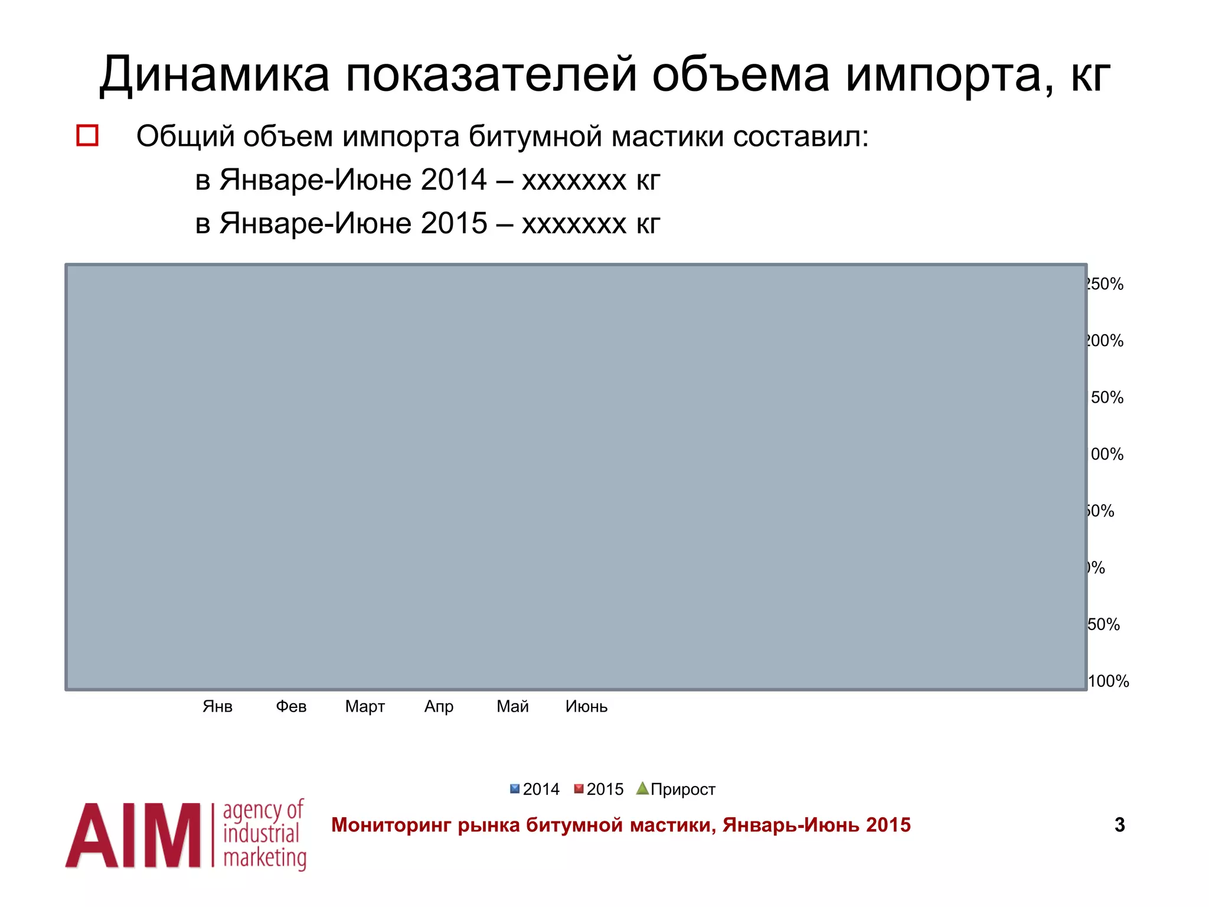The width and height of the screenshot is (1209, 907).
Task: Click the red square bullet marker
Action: click(87, 135)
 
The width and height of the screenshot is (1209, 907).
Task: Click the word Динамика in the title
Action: click(214, 75)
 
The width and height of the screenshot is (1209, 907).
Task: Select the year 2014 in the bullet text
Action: click(453, 180)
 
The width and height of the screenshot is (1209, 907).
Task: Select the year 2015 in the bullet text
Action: click(453, 223)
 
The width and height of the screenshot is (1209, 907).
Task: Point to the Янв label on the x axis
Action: click(217, 706)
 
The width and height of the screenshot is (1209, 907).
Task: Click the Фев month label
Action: click(291, 706)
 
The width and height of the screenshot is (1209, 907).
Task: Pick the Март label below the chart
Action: click(365, 706)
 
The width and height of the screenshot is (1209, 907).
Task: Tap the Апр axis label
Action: click(439, 706)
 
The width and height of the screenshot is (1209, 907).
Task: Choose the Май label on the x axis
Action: click(512, 706)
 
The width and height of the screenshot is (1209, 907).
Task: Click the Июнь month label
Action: click(586, 706)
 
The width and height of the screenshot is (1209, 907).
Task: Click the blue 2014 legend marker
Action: click(515, 789)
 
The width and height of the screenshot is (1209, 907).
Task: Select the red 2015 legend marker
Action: click(579, 789)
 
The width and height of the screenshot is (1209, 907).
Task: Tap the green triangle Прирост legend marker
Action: click(642, 788)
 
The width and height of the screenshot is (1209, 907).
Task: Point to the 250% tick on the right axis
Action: click(1105, 284)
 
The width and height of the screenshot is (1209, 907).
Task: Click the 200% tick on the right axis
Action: click(1105, 341)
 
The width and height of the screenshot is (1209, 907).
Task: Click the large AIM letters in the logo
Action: click(133, 836)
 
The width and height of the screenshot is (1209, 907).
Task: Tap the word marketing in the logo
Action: click(264, 858)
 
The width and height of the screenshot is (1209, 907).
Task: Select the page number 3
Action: click(1119, 825)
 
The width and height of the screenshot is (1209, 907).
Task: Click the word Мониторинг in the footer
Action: click(391, 825)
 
